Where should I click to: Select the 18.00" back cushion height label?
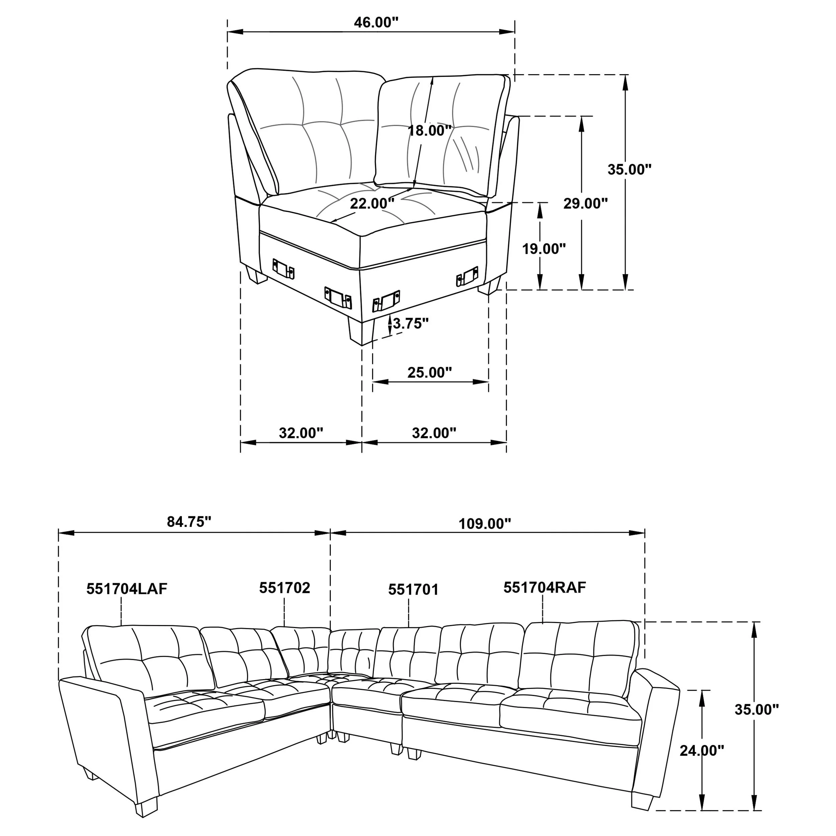click(429, 130)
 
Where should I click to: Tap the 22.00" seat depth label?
click(372, 203)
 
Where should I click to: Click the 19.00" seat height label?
click(544, 248)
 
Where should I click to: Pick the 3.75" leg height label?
click(410, 323)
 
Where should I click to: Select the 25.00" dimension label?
click(429, 372)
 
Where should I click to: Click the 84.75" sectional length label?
click(189, 522)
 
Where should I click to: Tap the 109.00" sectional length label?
click(485, 524)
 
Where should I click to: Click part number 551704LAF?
click(126, 589)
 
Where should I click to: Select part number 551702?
click(284, 588)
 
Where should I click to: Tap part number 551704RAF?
click(544, 588)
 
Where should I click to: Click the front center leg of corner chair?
click(360, 331)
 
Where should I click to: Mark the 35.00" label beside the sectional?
click(756, 709)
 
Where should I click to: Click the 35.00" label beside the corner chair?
click(629, 169)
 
